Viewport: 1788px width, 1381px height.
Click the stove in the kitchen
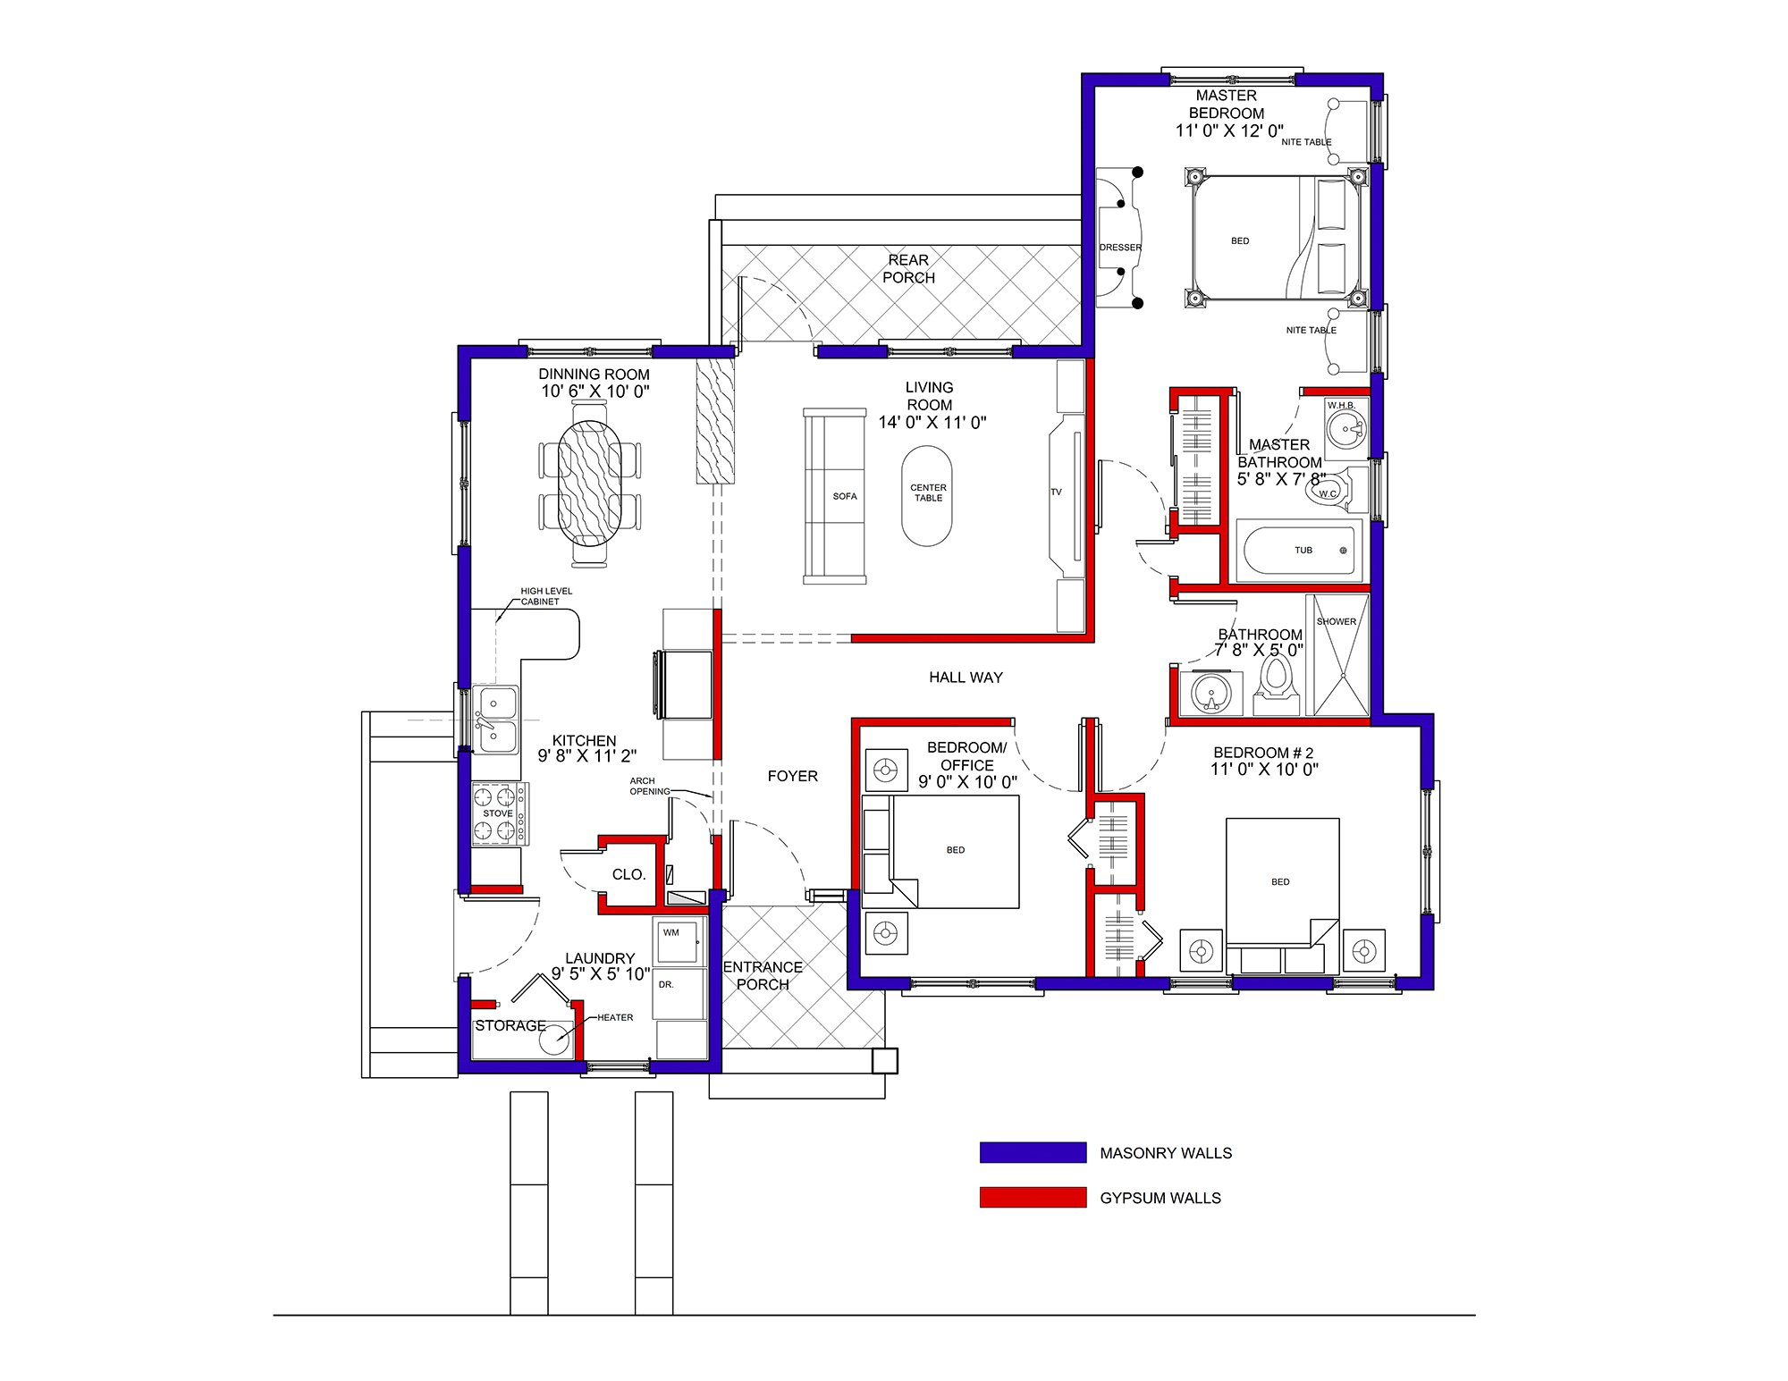(x=500, y=813)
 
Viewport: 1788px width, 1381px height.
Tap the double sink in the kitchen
(x=496, y=720)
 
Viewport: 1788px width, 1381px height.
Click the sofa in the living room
(x=835, y=496)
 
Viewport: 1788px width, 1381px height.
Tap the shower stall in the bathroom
(x=1337, y=655)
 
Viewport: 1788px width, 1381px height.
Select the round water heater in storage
(x=555, y=1038)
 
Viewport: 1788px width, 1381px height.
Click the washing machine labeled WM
(x=678, y=940)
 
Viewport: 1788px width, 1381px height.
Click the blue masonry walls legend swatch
(x=1033, y=1152)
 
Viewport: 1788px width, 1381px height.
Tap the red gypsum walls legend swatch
(x=1033, y=1197)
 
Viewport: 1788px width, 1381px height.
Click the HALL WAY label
(x=966, y=678)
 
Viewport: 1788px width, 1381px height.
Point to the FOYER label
(x=792, y=776)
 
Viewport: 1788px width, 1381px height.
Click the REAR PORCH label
(x=908, y=269)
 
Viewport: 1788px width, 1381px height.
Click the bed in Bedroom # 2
(x=1282, y=895)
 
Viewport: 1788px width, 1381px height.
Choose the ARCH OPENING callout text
(x=649, y=786)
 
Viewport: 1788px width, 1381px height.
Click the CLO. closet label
(x=628, y=874)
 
